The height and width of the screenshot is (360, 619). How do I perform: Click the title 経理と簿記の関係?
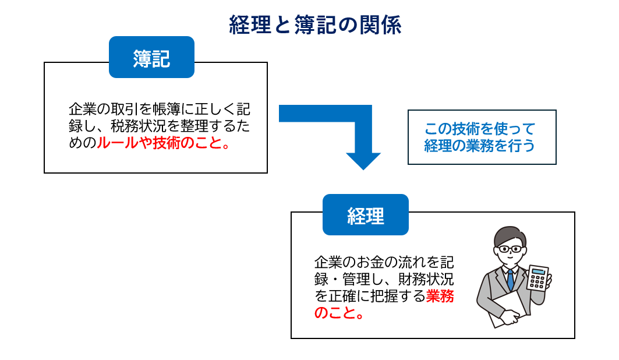(x=315, y=25)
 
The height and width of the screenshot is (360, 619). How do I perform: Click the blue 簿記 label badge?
(x=151, y=57)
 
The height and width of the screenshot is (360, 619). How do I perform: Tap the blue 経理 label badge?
(x=366, y=215)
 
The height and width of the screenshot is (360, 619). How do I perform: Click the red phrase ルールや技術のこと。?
(x=164, y=143)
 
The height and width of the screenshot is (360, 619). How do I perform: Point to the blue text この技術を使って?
(x=480, y=129)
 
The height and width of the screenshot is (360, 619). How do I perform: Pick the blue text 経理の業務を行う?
(x=480, y=146)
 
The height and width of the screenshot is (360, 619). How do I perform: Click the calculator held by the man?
(x=537, y=278)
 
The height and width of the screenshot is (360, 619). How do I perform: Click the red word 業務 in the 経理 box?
(x=440, y=296)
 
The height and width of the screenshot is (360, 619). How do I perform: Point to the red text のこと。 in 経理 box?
(x=339, y=313)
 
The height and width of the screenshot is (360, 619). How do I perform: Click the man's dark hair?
(x=510, y=235)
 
